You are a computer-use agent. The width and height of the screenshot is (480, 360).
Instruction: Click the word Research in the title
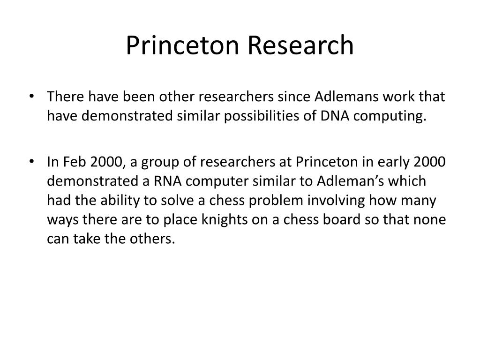coord(300,45)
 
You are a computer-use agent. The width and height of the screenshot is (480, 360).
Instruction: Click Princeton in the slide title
coord(182,45)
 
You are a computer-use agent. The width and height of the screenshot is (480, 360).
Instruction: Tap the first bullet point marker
coord(31,96)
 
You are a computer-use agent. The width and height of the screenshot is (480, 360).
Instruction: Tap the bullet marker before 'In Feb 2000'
coord(31,161)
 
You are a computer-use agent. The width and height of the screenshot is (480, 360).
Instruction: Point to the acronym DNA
coord(335,116)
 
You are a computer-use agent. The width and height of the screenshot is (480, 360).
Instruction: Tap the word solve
coord(177,200)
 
